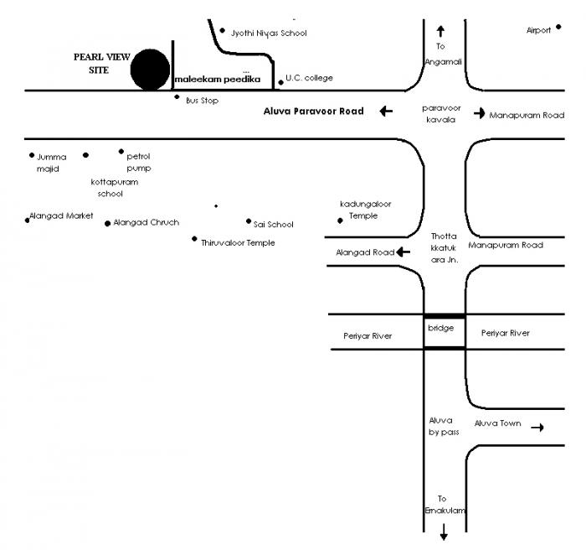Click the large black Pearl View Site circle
150,70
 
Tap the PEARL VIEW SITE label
100,64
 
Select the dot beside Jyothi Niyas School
222,31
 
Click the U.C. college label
309,78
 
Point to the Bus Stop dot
177,97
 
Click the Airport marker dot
558,27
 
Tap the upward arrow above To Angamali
440,31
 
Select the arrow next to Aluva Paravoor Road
385,111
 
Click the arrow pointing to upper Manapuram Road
480,113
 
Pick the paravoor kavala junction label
440,114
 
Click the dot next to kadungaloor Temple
340,221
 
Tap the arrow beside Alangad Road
404,252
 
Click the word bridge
440,328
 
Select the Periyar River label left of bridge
368,335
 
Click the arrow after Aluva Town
537,428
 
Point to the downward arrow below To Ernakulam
444,531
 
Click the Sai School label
274,224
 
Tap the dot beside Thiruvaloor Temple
194,239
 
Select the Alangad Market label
62,215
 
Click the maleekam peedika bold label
218,80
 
